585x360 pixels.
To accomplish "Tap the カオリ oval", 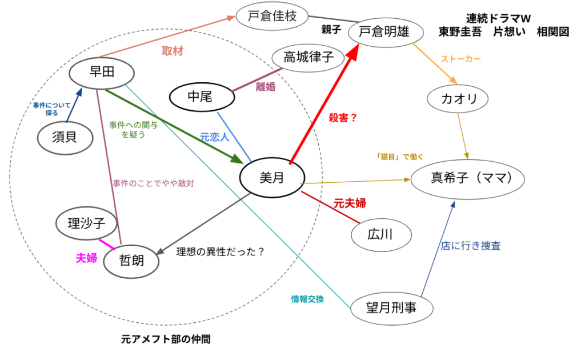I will pyautogui.click(x=460, y=99).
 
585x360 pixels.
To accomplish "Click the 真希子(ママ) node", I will pyautogui.click(x=469, y=179).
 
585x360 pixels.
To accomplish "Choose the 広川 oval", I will pyautogui.click(x=381, y=234).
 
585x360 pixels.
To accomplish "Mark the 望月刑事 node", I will pyautogui.click(x=391, y=309).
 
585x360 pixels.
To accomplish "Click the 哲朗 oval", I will pyautogui.click(x=131, y=261).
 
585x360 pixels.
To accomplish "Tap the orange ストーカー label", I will pyautogui.click(x=461, y=59).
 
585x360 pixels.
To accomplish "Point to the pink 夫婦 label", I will pyautogui.click(x=86, y=258).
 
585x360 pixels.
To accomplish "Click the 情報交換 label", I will pyautogui.click(x=307, y=298).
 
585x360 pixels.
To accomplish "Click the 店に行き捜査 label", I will pyautogui.click(x=471, y=246).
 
